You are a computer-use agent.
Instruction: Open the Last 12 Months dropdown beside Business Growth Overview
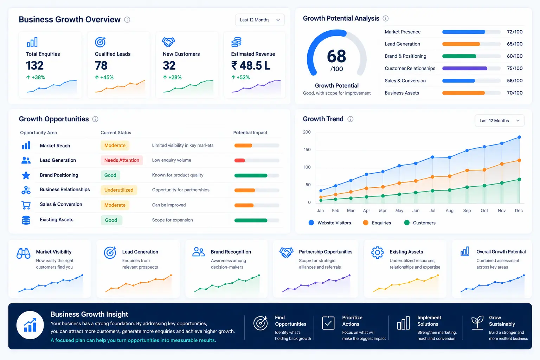click(260, 20)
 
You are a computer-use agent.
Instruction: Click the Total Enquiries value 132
click(35, 66)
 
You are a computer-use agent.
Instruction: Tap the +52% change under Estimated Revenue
click(240, 77)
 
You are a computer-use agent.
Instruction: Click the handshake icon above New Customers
click(168, 42)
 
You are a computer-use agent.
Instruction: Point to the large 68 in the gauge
click(336, 56)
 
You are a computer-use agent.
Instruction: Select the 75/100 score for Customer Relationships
click(515, 68)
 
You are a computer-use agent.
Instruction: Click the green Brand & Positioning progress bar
click(459, 56)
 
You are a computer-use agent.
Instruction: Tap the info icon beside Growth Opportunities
click(95, 119)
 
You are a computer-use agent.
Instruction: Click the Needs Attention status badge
click(122, 160)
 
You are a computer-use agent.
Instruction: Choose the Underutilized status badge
click(118, 190)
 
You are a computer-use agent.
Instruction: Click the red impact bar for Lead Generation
click(239, 161)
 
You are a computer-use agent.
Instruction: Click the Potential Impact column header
click(250, 133)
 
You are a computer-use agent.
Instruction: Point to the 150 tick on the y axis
click(307, 149)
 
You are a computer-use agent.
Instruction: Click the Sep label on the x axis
click(467, 211)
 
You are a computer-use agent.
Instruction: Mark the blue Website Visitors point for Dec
click(519, 137)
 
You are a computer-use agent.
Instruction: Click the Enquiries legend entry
click(377, 223)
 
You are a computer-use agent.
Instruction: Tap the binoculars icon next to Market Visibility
click(24, 253)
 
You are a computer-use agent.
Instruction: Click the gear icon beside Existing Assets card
click(377, 252)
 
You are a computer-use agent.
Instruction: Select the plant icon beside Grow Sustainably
click(477, 322)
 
